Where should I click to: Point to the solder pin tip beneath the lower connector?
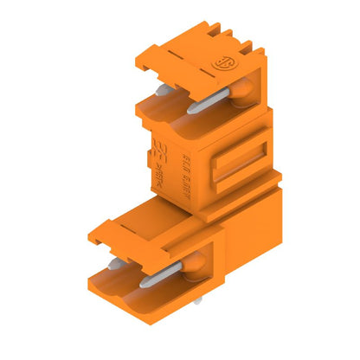point(196,299)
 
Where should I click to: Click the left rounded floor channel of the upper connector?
point(156,112)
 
